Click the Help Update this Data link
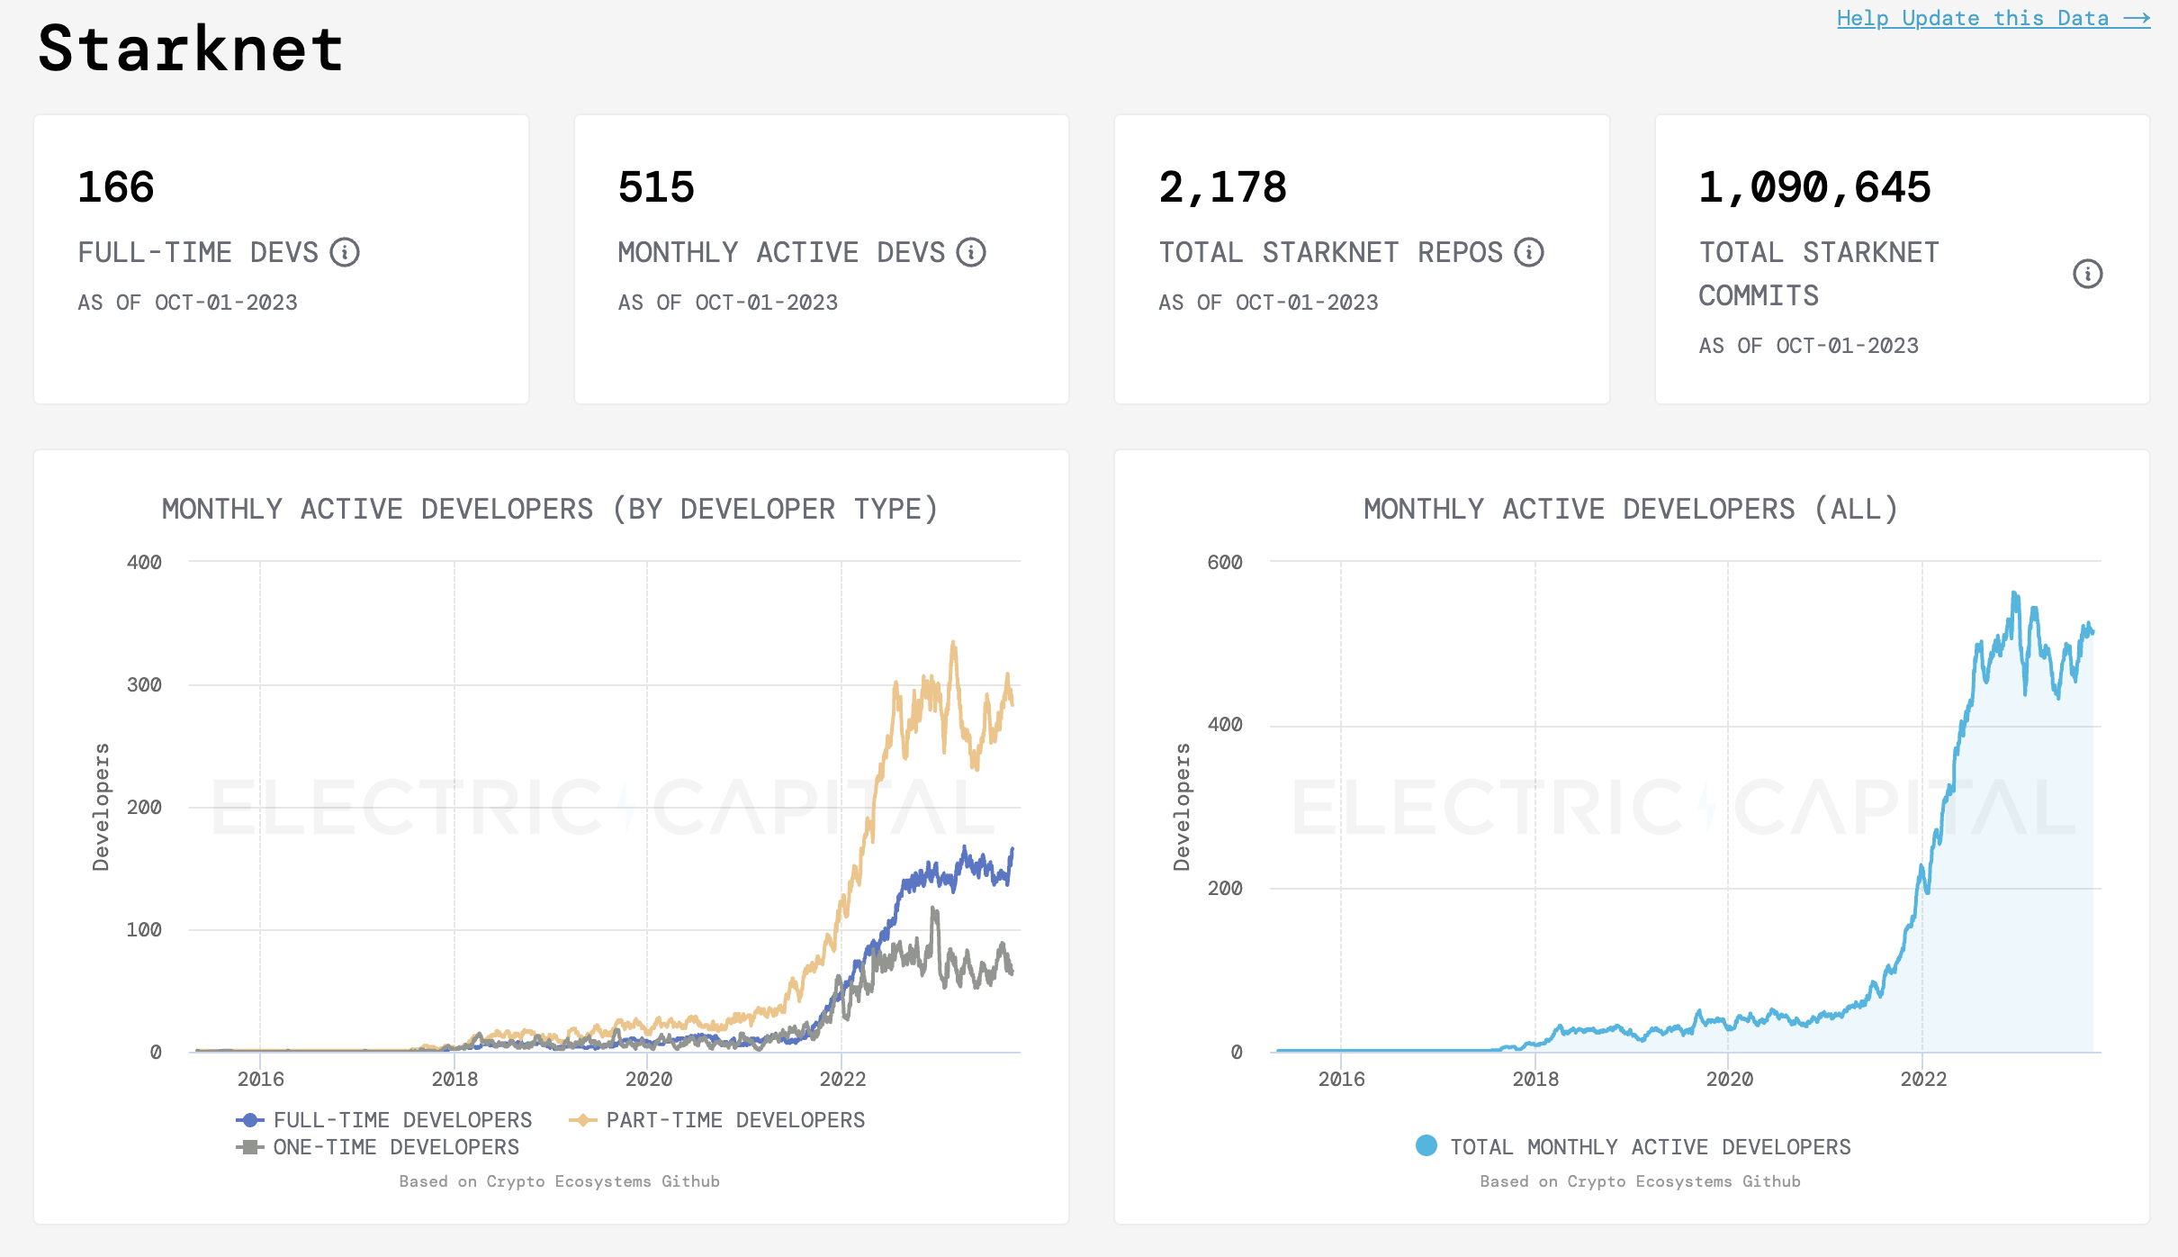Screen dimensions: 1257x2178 point(1992,18)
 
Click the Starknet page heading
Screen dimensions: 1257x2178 point(191,49)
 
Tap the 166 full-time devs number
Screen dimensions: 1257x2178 point(116,187)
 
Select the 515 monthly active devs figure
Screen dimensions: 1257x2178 point(656,187)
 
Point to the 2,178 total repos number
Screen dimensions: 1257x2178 point(1222,187)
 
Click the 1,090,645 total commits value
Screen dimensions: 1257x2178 point(1814,187)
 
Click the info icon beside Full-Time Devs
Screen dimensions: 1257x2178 point(345,252)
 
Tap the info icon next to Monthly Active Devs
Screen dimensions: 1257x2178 point(971,252)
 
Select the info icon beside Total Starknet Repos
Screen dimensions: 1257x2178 point(1529,252)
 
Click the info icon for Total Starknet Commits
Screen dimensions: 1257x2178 point(2087,274)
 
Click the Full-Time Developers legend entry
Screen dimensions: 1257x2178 point(385,1120)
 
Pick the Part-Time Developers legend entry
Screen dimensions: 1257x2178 point(718,1120)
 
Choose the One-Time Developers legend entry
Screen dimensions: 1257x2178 point(379,1147)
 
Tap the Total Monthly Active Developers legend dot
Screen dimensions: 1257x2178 point(1426,1145)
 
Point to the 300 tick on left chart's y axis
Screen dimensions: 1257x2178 point(144,684)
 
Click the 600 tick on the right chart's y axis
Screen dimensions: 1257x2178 point(1224,562)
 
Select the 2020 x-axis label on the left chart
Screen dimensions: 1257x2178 point(648,1079)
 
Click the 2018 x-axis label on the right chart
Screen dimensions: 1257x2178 point(1535,1079)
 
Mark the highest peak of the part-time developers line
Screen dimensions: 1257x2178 point(953,642)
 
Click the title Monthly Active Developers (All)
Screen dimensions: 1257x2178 point(1631,509)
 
